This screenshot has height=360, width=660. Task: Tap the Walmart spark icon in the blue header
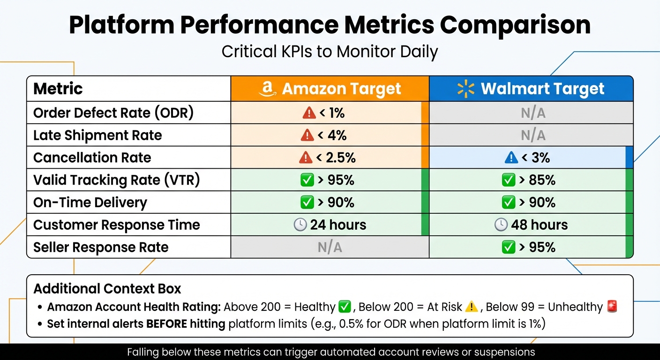pos(466,89)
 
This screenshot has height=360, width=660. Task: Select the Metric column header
pos(58,89)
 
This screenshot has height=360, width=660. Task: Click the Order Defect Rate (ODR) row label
pos(113,113)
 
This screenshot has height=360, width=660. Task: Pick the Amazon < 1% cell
pos(330,113)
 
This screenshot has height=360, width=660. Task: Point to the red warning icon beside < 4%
pos(307,135)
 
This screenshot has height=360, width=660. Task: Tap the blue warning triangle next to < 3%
pos(511,157)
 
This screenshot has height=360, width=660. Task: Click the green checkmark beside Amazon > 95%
pos(307,180)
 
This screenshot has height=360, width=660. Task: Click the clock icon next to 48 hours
pos(501,225)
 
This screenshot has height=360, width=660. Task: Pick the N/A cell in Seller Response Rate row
pos(330,247)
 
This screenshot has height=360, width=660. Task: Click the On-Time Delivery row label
pos(90,202)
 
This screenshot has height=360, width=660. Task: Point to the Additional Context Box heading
pos(107,288)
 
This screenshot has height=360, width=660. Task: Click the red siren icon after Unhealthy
pos(612,307)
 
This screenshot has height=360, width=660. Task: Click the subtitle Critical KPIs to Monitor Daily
pos(330,51)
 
